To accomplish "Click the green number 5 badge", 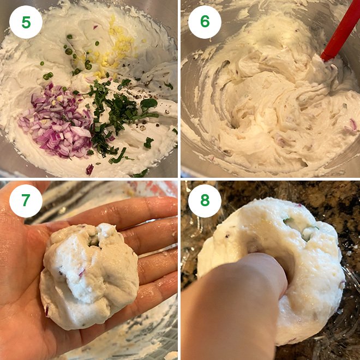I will (x=26, y=22).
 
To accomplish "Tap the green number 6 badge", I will (x=205, y=22).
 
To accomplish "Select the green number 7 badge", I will (x=26, y=201).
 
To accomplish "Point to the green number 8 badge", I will (x=205, y=201).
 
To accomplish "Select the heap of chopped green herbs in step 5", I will (x=117, y=112).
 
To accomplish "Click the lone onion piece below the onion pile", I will (x=89, y=169).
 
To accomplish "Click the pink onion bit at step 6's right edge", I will (x=351, y=126).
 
